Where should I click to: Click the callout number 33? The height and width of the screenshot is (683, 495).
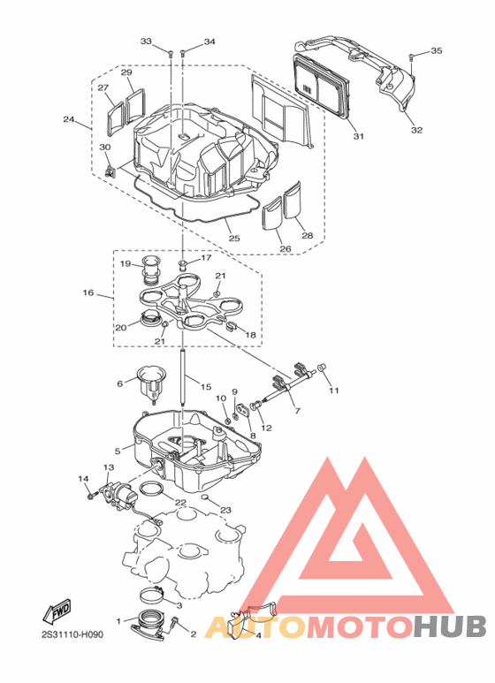pyautogui.click(x=146, y=42)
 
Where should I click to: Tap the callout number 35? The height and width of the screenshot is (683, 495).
pyautogui.click(x=435, y=51)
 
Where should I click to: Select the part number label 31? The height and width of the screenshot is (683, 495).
pyautogui.click(x=358, y=136)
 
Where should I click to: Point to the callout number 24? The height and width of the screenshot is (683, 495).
pyautogui.click(x=68, y=119)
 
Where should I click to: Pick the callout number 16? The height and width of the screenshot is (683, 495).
pyautogui.click(x=88, y=292)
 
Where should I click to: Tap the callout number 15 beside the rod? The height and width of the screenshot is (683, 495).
pyautogui.click(x=205, y=387)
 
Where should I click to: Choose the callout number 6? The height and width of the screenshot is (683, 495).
pyautogui.click(x=119, y=383)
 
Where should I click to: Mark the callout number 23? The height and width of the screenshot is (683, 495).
pyautogui.click(x=225, y=510)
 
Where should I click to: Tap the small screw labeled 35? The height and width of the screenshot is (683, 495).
pyautogui.click(x=412, y=58)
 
